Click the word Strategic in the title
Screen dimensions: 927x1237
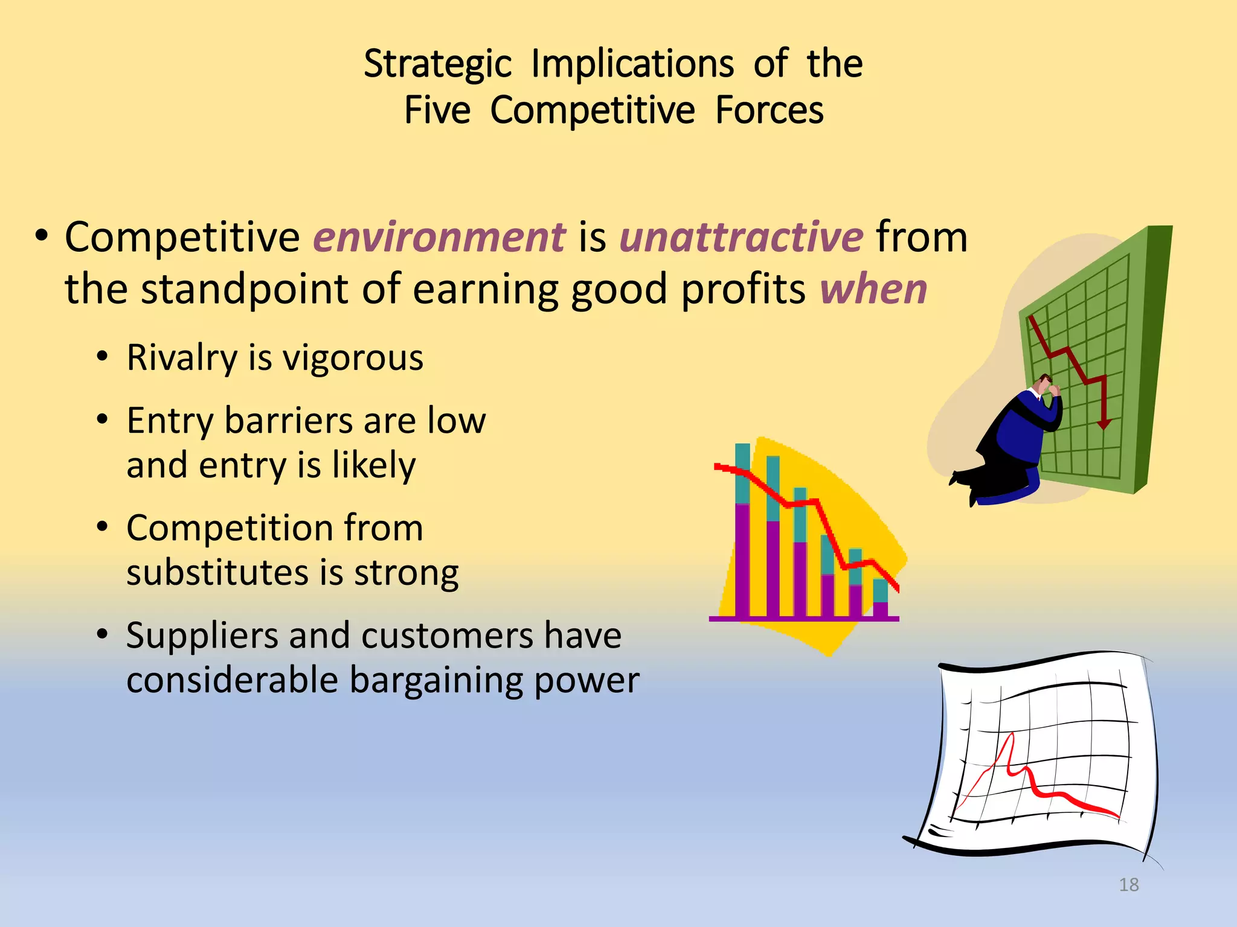click(437, 64)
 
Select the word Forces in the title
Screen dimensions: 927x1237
click(769, 111)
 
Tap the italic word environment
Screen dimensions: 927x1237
click(439, 237)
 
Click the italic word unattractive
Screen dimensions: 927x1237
click(741, 237)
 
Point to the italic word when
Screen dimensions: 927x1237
click(873, 289)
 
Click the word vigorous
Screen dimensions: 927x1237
click(353, 358)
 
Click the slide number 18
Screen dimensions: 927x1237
click(1128, 885)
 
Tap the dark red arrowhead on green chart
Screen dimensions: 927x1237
click(1104, 425)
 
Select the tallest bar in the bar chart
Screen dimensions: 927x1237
click(742, 531)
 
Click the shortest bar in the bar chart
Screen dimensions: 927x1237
click(880, 599)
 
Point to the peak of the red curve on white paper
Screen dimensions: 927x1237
click(1011, 736)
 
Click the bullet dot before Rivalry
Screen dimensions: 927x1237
click(102, 357)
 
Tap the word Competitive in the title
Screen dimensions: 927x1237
click(592, 111)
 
